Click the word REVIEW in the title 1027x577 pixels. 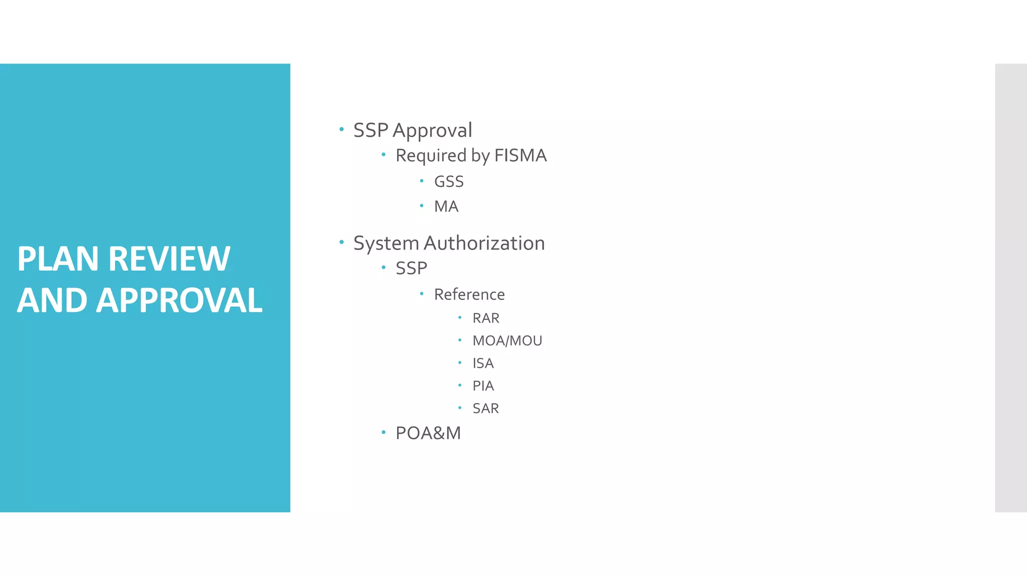point(169,259)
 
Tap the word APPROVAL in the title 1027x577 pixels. point(179,301)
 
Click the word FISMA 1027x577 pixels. point(520,156)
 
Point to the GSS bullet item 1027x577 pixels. point(449,181)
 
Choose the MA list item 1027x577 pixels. point(446,206)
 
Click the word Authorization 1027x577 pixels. point(484,243)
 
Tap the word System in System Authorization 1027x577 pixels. point(386,243)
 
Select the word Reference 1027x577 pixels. point(469,295)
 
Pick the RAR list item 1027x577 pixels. point(486,318)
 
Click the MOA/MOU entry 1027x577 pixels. point(507,341)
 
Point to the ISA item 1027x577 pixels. point(483,363)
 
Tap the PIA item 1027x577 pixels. point(483,386)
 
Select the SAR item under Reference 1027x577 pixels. point(485,408)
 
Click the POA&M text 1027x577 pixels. point(428,433)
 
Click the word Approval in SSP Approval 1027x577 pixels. point(432,131)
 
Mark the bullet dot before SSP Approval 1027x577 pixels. point(341,129)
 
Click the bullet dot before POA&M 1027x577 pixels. point(384,432)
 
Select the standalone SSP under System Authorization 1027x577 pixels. point(411,268)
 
